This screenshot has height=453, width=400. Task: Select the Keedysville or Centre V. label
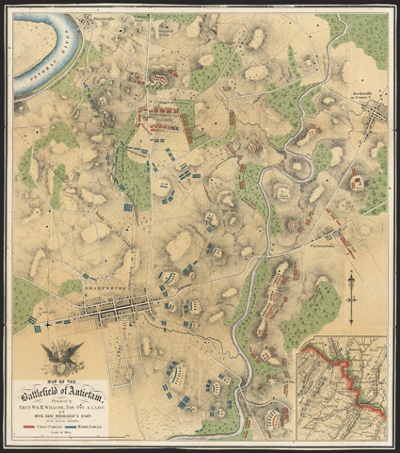[x=360, y=99]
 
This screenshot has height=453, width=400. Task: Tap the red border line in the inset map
[x=354, y=377]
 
